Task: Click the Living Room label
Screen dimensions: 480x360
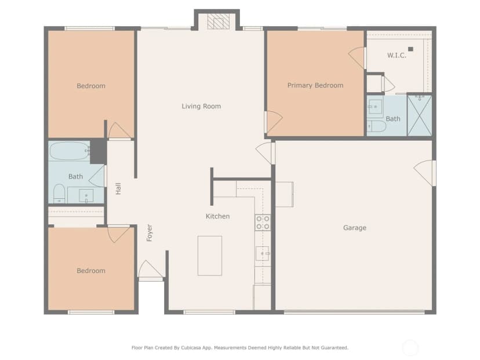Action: pyautogui.click(x=201, y=106)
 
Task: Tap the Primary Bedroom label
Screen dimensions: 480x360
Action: pyautogui.click(x=315, y=85)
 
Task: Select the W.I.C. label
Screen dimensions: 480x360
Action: pyautogui.click(x=397, y=56)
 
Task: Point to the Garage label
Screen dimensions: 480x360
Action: pyautogui.click(x=354, y=228)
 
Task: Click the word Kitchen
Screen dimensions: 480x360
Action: pyautogui.click(x=217, y=216)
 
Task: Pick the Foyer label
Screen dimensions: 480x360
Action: pyautogui.click(x=150, y=232)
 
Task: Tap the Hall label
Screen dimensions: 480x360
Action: pyautogui.click(x=118, y=188)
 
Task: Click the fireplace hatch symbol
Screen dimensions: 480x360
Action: pyautogui.click(x=219, y=21)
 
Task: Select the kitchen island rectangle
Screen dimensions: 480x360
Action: pyautogui.click(x=210, y=256)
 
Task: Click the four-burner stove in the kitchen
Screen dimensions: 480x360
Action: pyautogui.click(x=263, y=223)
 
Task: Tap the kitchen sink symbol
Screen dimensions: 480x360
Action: pyautogui.click(x=263, y=253)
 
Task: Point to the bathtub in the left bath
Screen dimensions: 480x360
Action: pyautogui.click(x=70, y=151)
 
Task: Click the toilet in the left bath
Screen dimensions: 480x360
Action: pyautogui.click(x=59, y=194)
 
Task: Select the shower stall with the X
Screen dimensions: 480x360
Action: pyautogui.click(x=419, y=115)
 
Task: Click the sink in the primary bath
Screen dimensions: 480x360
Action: pyautogui.click(x=375, y=107)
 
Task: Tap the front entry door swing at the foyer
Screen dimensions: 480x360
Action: pyautogui.click(x=150, y=270)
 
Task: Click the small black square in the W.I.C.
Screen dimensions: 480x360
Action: pyautogui.click(x=410, y=49)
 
